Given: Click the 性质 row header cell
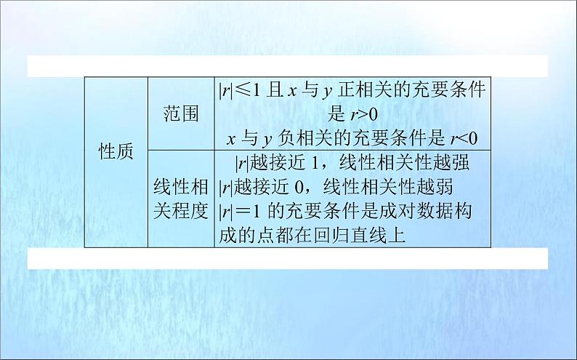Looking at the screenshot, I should click(116, 152).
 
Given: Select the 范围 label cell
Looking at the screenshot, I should click(181, 113).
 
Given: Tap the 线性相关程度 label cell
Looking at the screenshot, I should click(181, 199).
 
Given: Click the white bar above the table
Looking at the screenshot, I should click(287, 65).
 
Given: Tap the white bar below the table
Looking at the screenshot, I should click(287, 258).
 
